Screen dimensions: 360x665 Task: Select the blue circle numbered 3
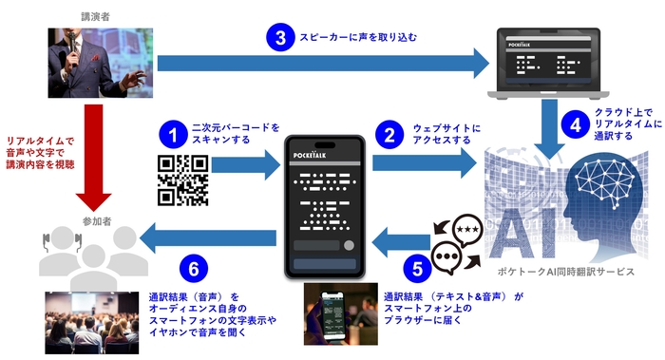coord(279,39)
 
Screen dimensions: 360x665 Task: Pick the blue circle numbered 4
coord(573,123)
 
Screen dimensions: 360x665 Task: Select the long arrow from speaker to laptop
coord(322,66)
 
